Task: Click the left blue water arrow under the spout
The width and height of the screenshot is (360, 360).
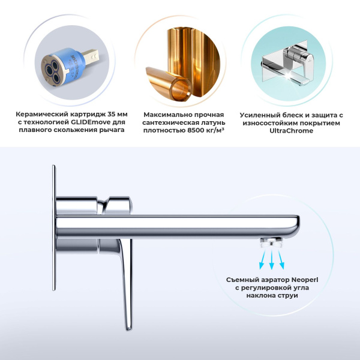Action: pos(262,259)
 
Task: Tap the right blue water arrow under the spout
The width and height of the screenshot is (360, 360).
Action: pos(283,259)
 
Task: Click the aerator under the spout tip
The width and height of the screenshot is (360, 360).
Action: pos(272,242)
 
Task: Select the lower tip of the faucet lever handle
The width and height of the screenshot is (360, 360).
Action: pos(128,326)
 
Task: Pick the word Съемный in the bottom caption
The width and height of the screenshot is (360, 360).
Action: pos(244,279)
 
